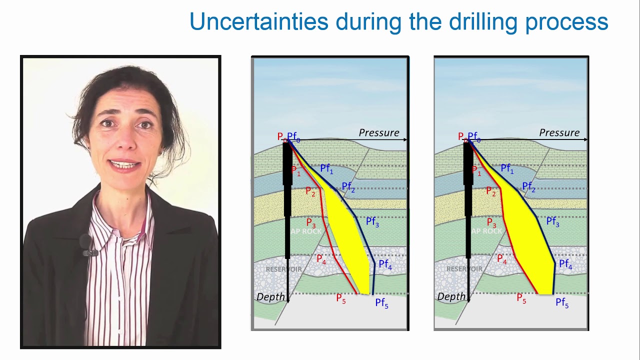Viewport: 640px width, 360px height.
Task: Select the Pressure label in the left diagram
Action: pyautogui.click(x=379, y=133)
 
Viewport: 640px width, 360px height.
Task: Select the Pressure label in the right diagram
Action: pyautogui.click(x=559, y=133)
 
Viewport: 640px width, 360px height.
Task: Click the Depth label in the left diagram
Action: pyautogui.click(x=270, y=297)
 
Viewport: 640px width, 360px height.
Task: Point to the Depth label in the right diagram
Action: pyautogui.click(x=450, y=297)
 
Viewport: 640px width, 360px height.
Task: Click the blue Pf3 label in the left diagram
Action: pyautogui.click(x=372, y=222)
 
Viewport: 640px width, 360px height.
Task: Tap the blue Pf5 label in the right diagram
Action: pyautogui.click(x=562, y=303)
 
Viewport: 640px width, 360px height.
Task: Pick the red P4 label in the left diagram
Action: pyautogui.click(x=321, y=259)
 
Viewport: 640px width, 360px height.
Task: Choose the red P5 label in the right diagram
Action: pyautogui.click(x=521, y=298)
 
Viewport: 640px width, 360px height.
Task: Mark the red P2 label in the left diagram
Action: pyautogui.click(x=310, y=191)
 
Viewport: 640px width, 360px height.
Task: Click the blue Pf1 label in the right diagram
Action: pyautogui.click(x=507, y=169)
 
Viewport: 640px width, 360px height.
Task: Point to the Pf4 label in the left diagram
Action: pyautogui.click(x=385, y=264)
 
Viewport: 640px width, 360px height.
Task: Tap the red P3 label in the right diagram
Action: pyautogui.click(x=491, y=223)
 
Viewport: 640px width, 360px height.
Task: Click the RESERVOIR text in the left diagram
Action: pyautogui.click(x=283, y=269)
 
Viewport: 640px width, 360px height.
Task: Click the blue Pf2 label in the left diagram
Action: pyautogui.click(x=348, y=187)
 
